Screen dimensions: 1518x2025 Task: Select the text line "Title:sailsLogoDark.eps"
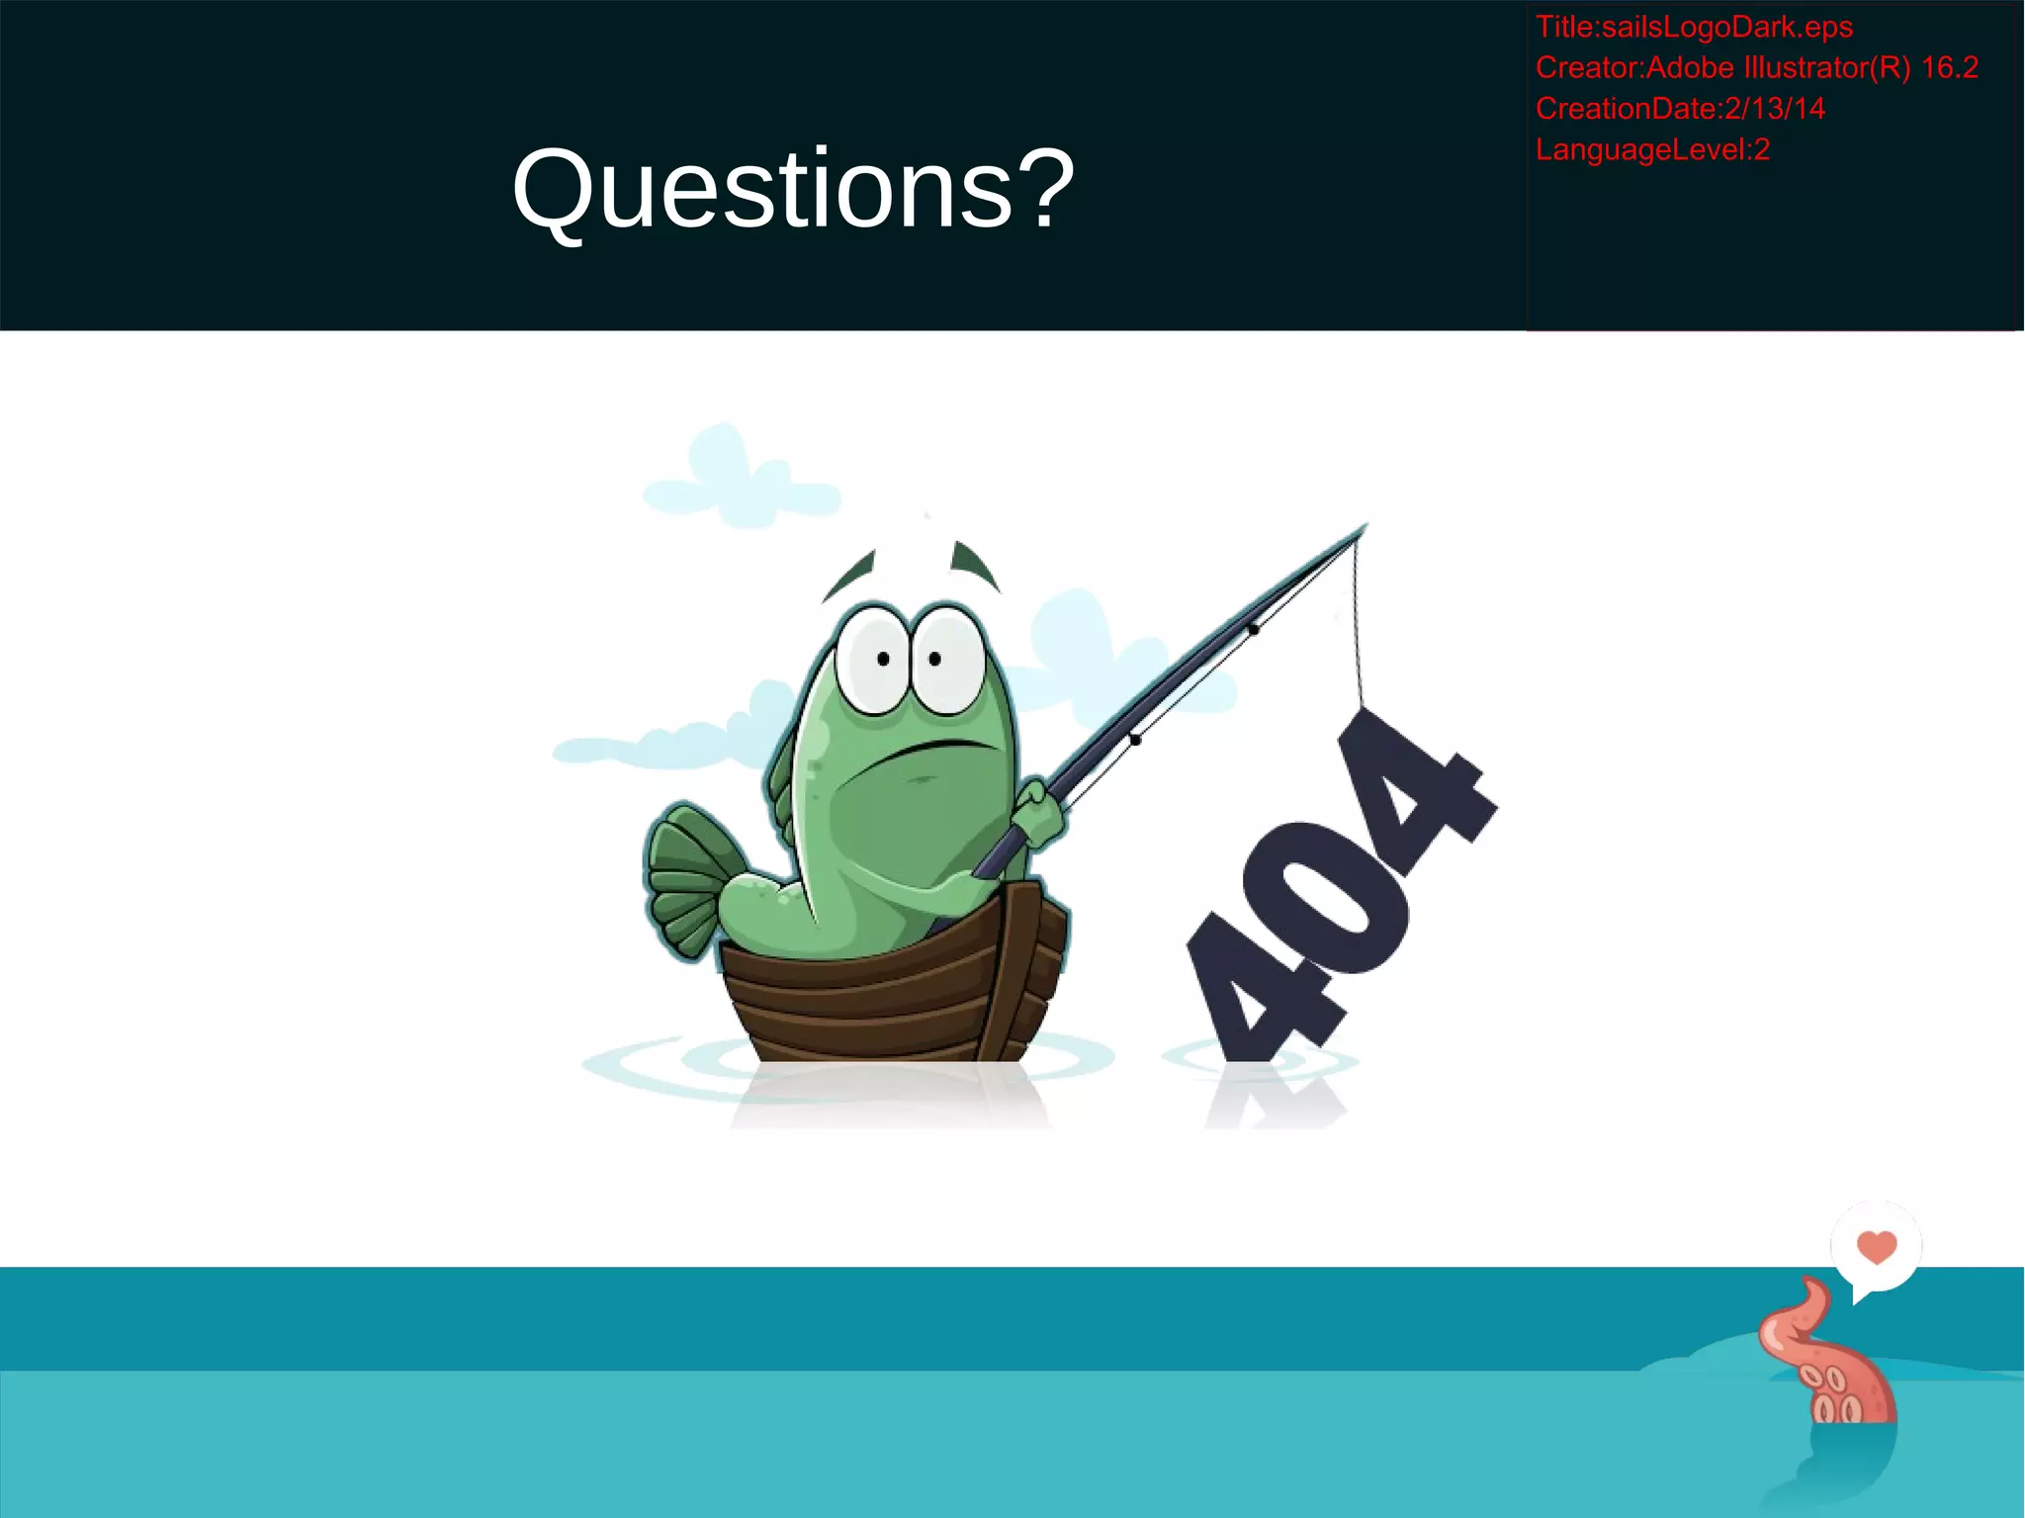(1693, 27)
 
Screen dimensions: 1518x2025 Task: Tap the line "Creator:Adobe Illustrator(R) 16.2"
(1756, 67)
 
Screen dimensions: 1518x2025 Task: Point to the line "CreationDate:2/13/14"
(1679, 108)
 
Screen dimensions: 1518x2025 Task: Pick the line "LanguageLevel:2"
(1651, 149)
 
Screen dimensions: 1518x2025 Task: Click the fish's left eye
(876, 660)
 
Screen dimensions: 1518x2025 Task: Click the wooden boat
(890, 999)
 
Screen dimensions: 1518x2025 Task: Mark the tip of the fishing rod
(1365, 527)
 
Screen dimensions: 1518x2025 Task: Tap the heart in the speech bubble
(1876, 1246)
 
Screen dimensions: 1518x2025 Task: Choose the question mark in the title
(1048, 188)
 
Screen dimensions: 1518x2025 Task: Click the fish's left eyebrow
(850, 574)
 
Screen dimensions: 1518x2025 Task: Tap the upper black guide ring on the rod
(1253, 629)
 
